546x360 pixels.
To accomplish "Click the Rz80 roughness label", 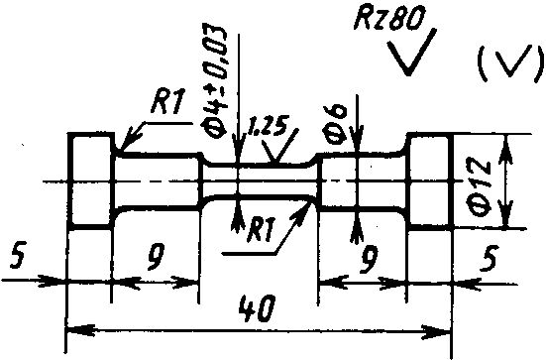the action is [x=389, y=18].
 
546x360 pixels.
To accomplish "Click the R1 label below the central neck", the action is [x=262, y=230].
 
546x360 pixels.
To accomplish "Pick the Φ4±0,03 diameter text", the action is [x=214, y=82].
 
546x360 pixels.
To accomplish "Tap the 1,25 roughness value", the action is [x=267, y=127].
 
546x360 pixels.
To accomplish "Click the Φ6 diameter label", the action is [x=336, y=124].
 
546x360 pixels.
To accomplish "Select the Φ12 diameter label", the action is [x=480, y=188].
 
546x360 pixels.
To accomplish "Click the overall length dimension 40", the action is [x=258, y=308].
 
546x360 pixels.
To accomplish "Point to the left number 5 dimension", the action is [x=18, y=256].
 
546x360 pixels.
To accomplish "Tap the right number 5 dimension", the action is [x=490, y=258].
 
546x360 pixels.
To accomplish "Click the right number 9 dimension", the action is [x=369, y=260].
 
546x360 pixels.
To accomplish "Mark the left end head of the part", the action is [x=91, y=180].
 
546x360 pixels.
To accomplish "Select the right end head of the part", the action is [x=430, y=180].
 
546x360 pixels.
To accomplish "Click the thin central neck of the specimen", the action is [x=261, y=180].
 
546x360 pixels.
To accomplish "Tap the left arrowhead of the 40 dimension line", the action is [x=80, y=329].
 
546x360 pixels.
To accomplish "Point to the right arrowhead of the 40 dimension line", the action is [x=437, y=330].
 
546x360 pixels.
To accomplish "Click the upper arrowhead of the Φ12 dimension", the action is [x=506, y=150].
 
